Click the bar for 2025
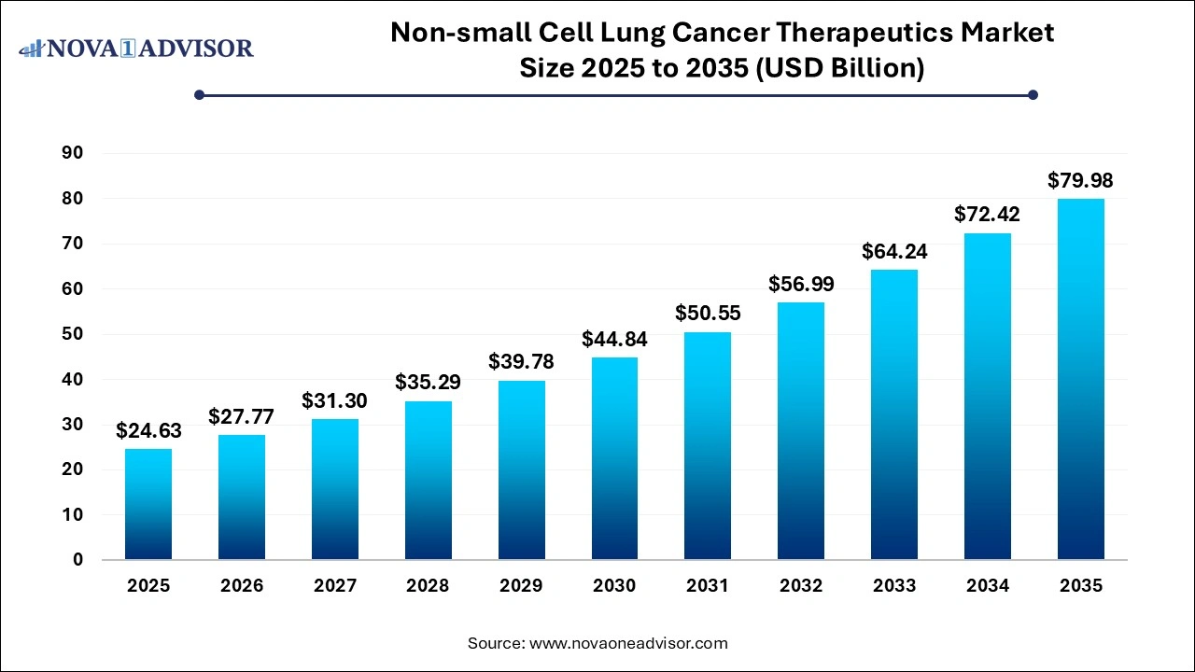pos(148,504)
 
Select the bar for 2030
pos(614,458)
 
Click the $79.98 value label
pos(1080,181)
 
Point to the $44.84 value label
pos(614,340)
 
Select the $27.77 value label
pos(242,416)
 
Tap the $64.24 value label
pos(894,252)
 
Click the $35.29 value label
pos(428,383)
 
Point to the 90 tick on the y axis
pos(71,153)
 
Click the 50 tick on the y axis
pos(71,334)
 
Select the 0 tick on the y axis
pos(77,560)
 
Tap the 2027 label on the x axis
pos(335,586)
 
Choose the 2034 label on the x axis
pos(988,586)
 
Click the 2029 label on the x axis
pos(521,586)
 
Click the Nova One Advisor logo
pos(136,48)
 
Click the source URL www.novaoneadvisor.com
pos(628,643)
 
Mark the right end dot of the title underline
pos(1033,94)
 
